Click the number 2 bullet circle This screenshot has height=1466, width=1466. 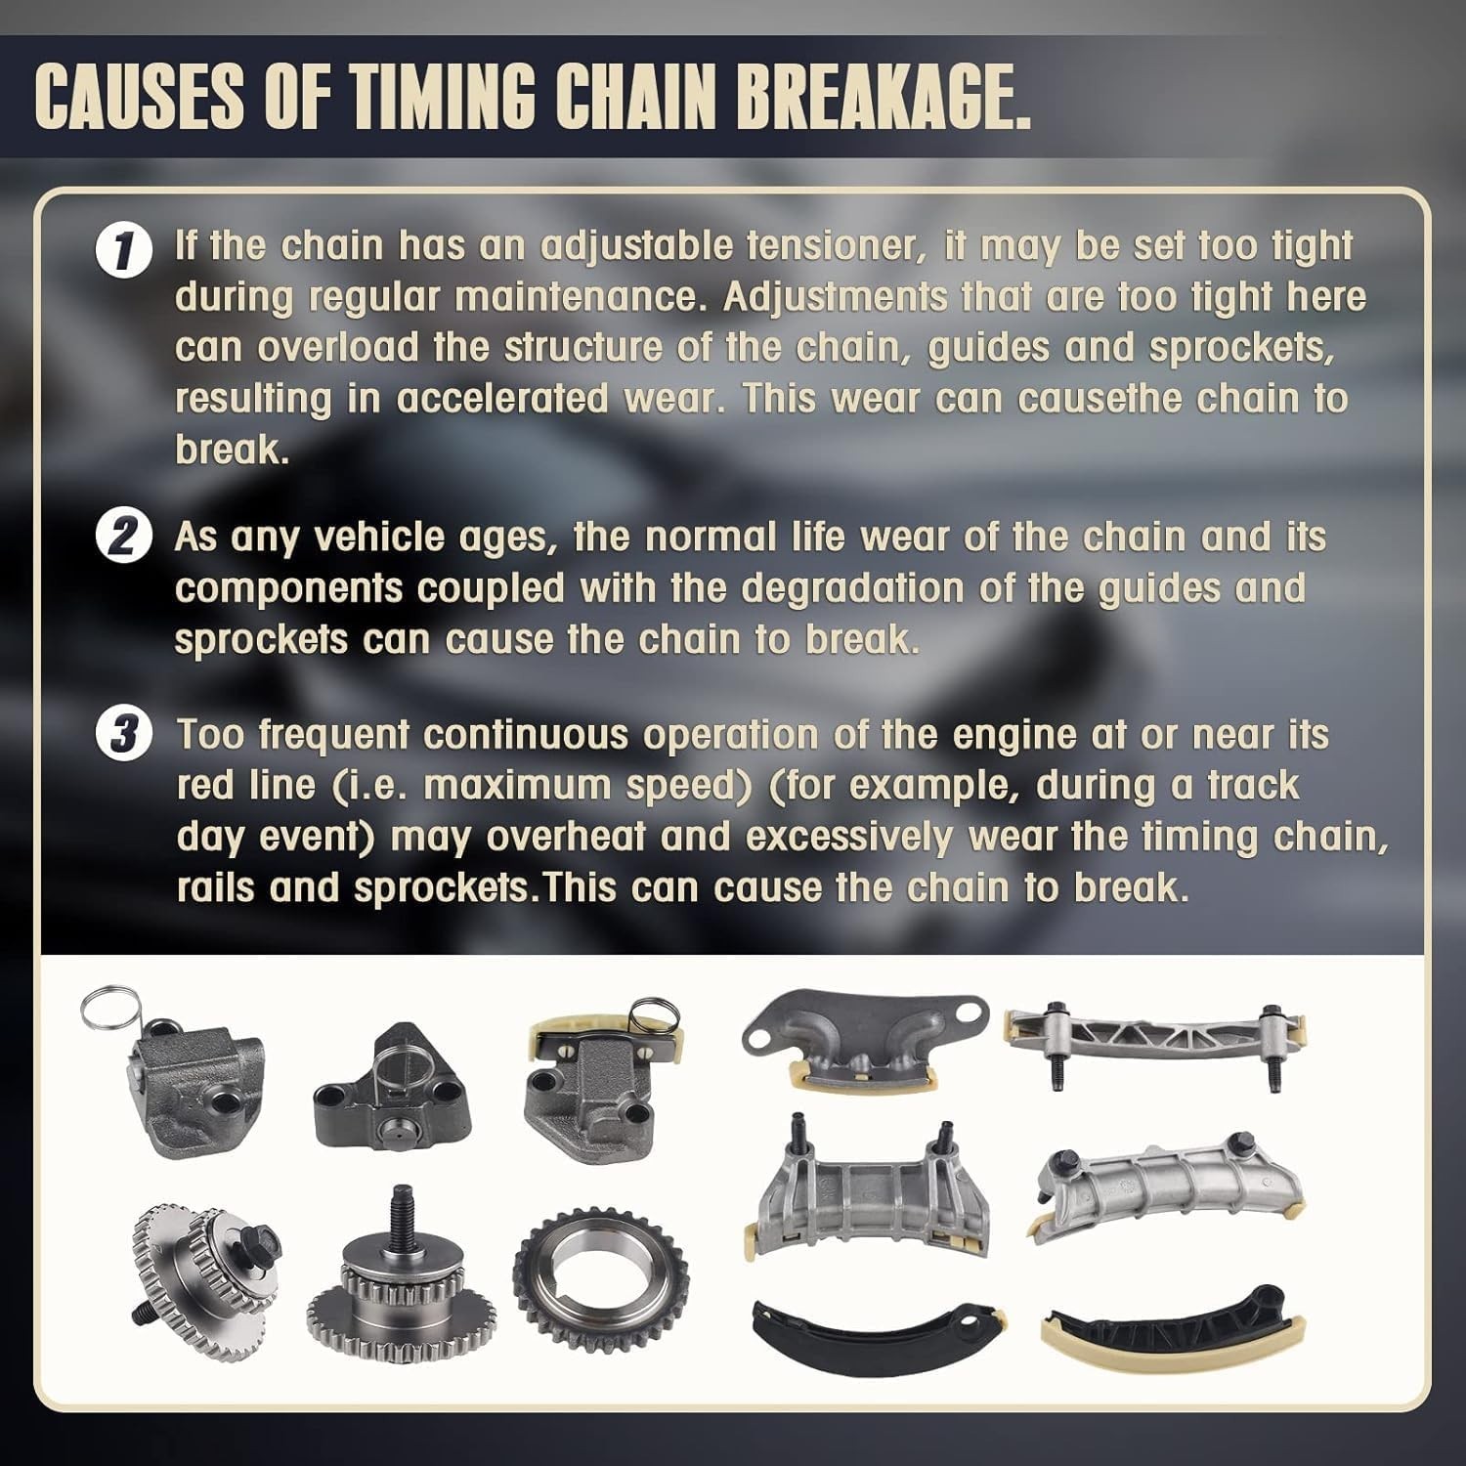coord(123,539)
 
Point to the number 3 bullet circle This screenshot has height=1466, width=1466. coord(123,736)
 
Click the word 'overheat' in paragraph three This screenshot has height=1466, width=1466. coord(566,838)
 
